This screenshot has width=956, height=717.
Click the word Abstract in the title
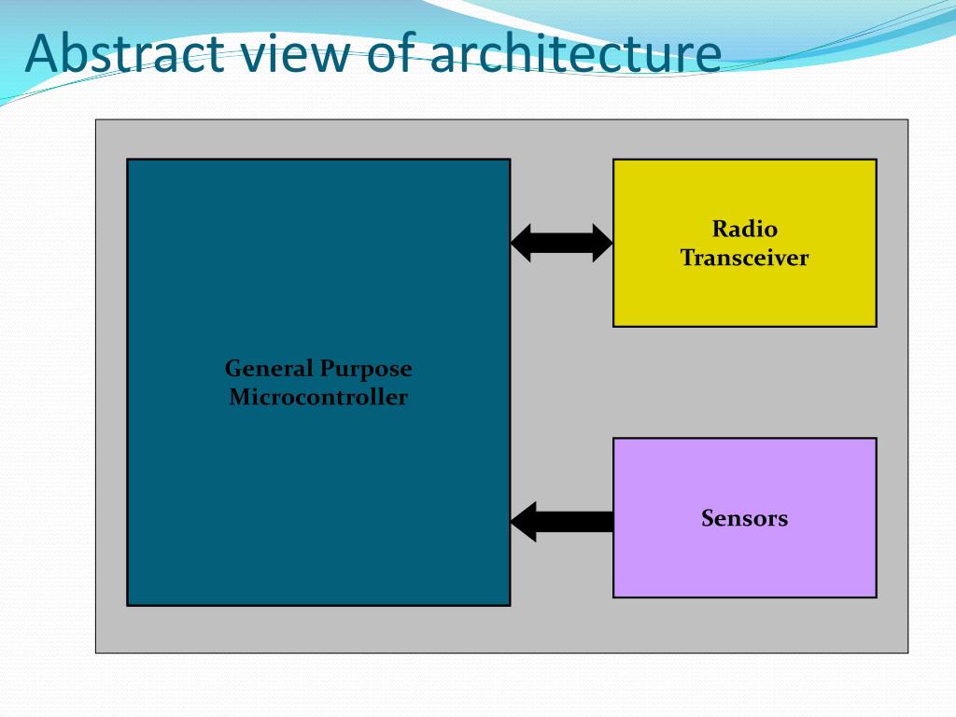[x=123, y=53]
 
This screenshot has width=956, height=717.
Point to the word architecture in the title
[x=575, y=53]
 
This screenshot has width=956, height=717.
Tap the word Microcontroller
[x=318, y=397]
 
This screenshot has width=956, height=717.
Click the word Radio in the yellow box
[x=744, y=229]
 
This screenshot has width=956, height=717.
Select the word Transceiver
[x=744, y=258]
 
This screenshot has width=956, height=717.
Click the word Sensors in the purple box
[x=744, y=518]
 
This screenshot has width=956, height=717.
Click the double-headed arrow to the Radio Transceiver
[x=561, y=243]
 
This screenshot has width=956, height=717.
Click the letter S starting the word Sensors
[x=708, y=518]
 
